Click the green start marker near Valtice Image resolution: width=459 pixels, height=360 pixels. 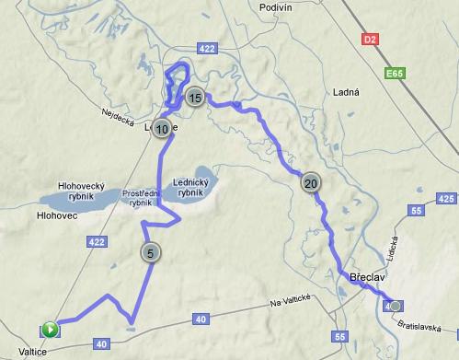pos(50,329)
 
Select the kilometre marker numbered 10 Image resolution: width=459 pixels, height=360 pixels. pos(162,130)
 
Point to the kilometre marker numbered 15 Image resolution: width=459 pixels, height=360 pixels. pos(194,97)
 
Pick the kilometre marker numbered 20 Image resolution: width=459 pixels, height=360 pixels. pos(311,183)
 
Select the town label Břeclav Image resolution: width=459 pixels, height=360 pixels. pos(367,276)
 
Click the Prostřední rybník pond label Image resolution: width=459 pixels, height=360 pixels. pos(141,196)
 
